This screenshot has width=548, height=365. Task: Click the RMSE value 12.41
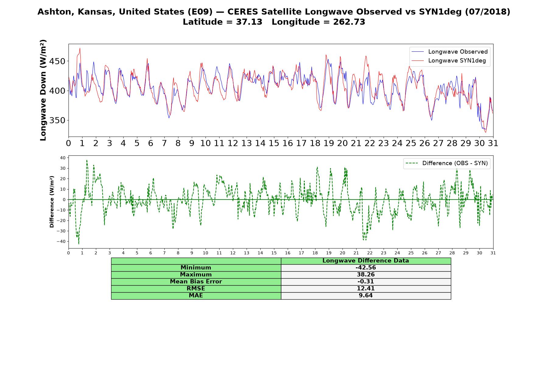coord(366,289)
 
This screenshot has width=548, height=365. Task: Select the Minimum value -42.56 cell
coord(366,268)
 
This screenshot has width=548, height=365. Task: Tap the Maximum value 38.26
coord(366,275)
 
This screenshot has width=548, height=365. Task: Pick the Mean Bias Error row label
coord(196,282)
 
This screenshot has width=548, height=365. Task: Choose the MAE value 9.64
coord(366,296)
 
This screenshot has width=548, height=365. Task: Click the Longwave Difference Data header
coord(366,261)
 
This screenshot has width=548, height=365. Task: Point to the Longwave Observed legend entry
coord(449,52)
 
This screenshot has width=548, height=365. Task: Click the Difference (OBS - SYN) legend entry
coord(447,163)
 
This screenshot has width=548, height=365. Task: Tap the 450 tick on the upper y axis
coord(58,61)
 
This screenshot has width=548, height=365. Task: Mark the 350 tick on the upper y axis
coord(58,120)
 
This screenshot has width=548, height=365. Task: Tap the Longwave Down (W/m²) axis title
coord(43,90)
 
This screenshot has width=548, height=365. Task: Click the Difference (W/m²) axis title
coord(52,202)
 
